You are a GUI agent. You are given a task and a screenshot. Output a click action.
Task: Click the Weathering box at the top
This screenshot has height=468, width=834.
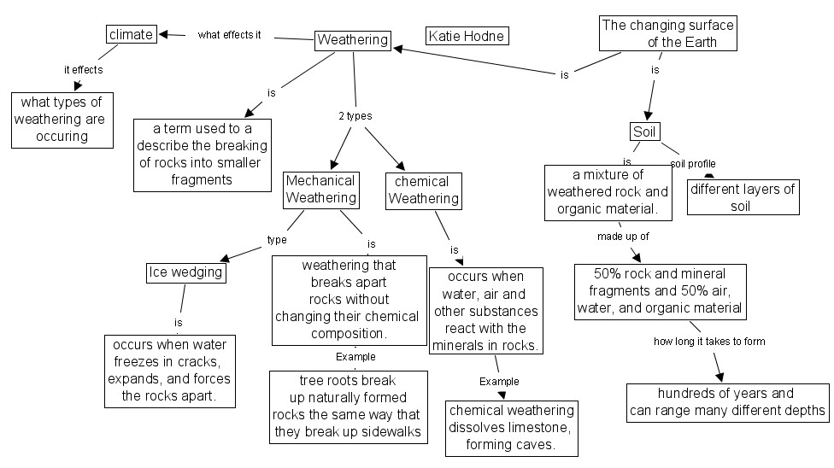pyautogui.click(x=353, y=39)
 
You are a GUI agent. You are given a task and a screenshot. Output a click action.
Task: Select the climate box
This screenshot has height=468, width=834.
pyautogui.click(x=132, y=34)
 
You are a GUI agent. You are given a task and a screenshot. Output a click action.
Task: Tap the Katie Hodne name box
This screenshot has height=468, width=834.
pyautogui.click(x=467, y=36)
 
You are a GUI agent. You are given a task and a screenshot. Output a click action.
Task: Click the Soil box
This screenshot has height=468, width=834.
pyautogui.click(x=643, y=132)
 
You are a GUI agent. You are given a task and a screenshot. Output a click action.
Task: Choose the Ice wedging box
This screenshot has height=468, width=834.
pyautogui.click(x=185, y=272)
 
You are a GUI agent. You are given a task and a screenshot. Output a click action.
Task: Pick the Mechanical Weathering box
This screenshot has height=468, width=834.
pyautogui.click(x=320, y=190)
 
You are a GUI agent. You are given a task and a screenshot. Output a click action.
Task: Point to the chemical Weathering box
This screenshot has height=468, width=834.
pyautogui.click(x=424, y=190)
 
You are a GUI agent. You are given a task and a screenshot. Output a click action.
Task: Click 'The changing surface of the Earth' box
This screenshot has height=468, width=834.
pyautogui.click(x=667, y=33)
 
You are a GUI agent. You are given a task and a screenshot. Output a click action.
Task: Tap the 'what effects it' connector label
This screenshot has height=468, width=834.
pyautogui.click(x=229, y=35)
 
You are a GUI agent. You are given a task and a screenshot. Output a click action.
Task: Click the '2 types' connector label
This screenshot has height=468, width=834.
pyautogui.click(x=354, y=115)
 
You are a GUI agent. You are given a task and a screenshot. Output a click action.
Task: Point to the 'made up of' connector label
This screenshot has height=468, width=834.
pyautogui.click(x=623, y=236)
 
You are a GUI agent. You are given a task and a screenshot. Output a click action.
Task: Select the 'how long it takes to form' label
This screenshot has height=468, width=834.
pyautogui.click(x=709, y=342)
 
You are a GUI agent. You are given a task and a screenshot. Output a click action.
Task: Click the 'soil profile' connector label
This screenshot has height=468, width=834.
pyautogui.click(x=693, y=163)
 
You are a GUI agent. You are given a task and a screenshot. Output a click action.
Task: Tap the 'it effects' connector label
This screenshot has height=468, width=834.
pyautogui.click(x=84, y=69)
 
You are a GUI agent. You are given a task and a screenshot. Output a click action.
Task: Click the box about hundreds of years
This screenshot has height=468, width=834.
pyautogui.click(x=728, y=402)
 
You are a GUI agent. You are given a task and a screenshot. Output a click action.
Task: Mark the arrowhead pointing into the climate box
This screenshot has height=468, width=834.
pyautogui.click(x=165, y=34)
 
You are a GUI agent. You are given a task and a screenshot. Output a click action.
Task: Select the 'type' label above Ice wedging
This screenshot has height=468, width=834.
pyautogui.click(x=277, y=240)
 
